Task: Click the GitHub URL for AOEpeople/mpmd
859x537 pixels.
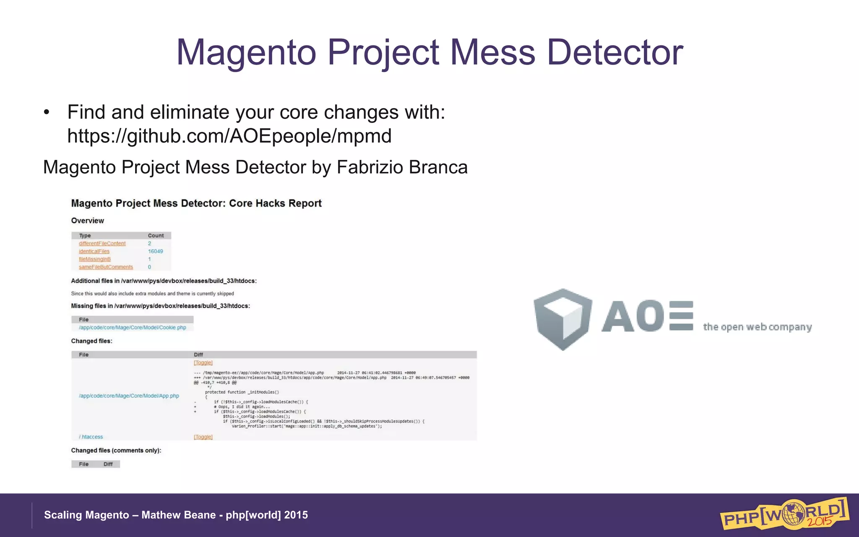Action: [x=229, y=136]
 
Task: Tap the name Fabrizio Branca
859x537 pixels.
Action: [x=402, y=167]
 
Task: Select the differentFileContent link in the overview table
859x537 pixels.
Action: [x=102, y=243]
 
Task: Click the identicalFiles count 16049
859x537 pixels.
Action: [x=155, y=251]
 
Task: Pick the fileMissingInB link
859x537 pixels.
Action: [x=95, y=259]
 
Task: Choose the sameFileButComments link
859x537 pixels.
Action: [x=106, y=267]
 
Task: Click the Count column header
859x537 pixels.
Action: [x=156, y=235]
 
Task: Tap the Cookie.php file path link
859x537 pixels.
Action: [x=133, y=328]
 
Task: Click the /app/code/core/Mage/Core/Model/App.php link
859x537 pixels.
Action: [x=129, y=396]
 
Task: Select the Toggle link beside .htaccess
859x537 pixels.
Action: [x=203, y=437]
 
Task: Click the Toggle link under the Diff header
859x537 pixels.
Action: [x=203, y=362]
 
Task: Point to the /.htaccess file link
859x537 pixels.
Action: [x=91, y=437]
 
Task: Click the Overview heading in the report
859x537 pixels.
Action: [x=87, y=221]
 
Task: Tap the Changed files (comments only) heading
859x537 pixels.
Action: [x=116, y=450]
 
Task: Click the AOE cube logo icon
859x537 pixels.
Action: [x=562, y=319]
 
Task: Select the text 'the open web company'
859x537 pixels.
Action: [x=757, y=327]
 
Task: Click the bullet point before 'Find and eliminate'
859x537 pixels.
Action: [x=47, y=112]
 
